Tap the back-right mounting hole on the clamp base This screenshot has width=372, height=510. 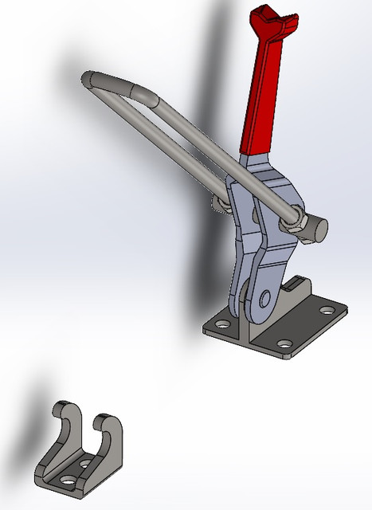point(327,308)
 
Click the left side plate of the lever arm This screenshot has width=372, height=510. point(239,239)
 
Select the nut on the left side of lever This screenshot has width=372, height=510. point(219,206)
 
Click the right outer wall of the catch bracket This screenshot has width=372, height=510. point(116,450)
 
